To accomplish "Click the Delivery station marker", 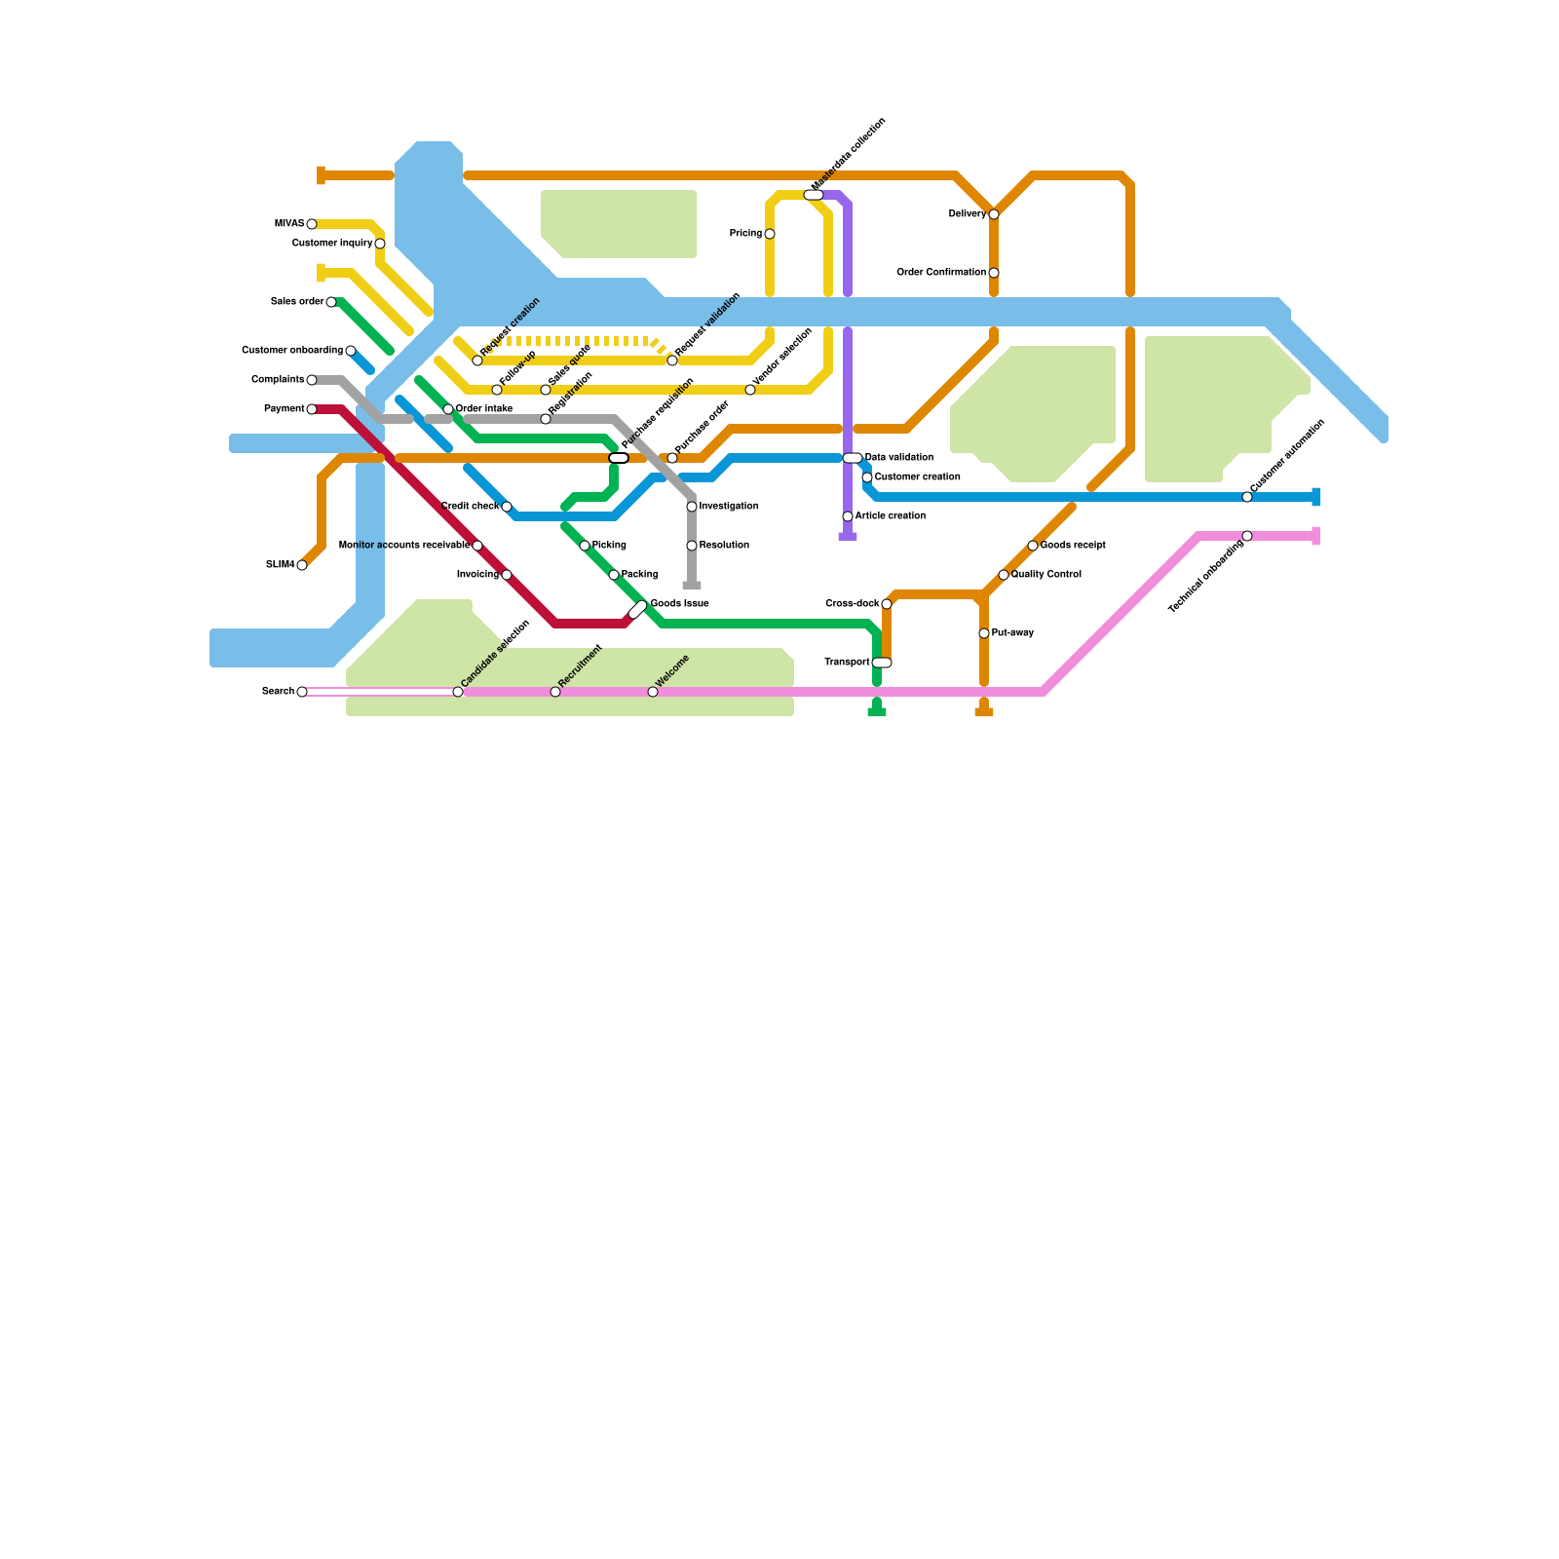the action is tap(994, 214).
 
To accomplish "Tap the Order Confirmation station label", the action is tap(941, 273).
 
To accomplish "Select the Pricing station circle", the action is tap(770, 234).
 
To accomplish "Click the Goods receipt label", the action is tap(1073, 546).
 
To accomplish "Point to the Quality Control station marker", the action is tap(1004, 575).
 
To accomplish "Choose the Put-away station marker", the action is tap(984, 633).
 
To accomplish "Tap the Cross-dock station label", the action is tap(853, 604).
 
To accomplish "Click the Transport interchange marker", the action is tap(882, 663).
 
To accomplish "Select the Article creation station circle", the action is tap(848, 516).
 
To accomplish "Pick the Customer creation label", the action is tap(918, 477).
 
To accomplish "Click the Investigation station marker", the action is tap(692, 507).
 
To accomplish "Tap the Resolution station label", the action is tap(724, 546).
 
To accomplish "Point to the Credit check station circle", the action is tap(507, 507).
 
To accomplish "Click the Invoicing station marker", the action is tap(507, 575).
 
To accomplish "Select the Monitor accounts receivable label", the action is tap(404, 546).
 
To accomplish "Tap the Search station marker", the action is tap(302, 692).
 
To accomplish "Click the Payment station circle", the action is tap(312, 409).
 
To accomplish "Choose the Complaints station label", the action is tap(278, 380).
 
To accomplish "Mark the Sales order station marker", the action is tap(331, 302).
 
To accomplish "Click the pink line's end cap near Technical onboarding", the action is tap(1316, 536).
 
